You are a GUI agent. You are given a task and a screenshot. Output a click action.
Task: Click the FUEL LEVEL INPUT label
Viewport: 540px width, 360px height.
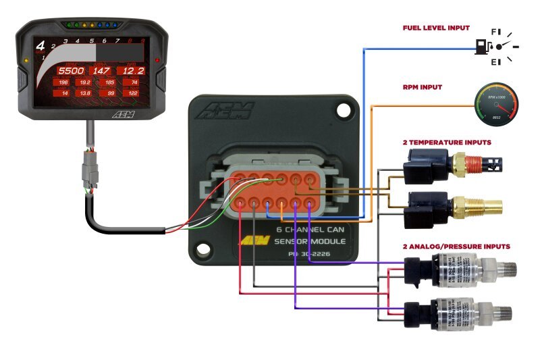436,28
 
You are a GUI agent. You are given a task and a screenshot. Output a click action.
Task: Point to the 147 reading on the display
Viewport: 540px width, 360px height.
101,70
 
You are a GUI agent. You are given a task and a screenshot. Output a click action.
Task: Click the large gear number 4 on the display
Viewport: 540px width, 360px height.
40,47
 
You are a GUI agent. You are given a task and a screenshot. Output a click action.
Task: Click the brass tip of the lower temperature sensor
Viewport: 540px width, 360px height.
486,203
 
